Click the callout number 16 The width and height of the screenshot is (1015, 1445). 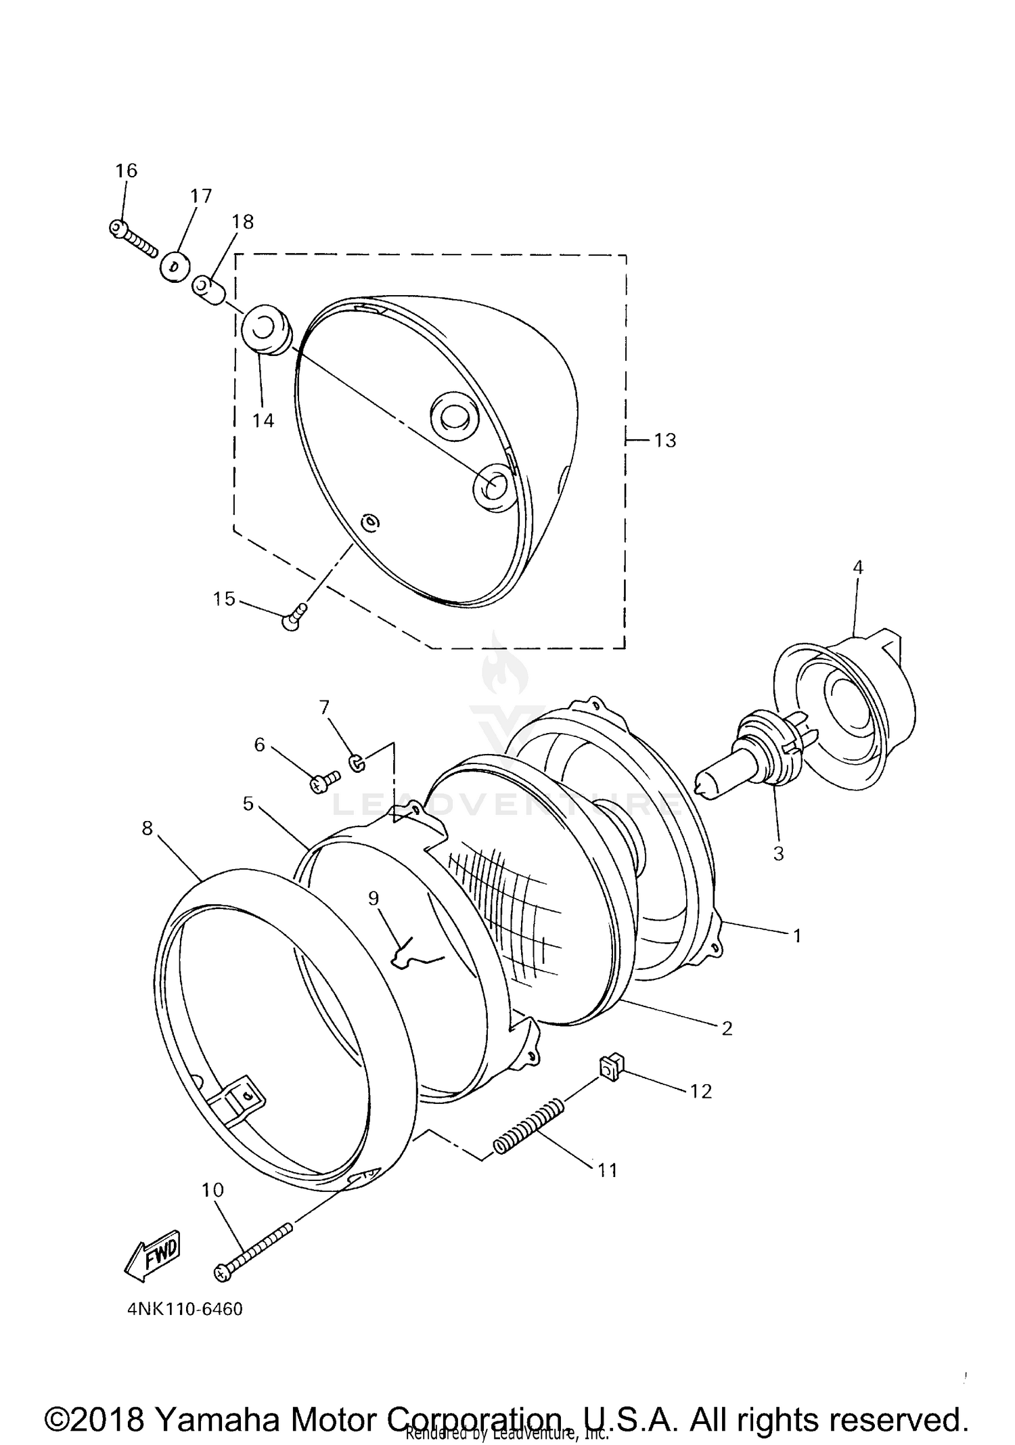pos(126,171)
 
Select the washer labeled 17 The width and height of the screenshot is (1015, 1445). pos(175,267)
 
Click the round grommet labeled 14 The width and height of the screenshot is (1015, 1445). pos(265,330)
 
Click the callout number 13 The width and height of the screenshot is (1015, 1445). pos(665,441)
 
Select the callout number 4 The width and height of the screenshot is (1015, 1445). pos(858,567)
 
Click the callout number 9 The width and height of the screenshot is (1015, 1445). pos(374,898)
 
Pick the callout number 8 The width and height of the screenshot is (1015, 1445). pos(148,828)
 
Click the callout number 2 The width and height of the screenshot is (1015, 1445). pos(727,1029)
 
